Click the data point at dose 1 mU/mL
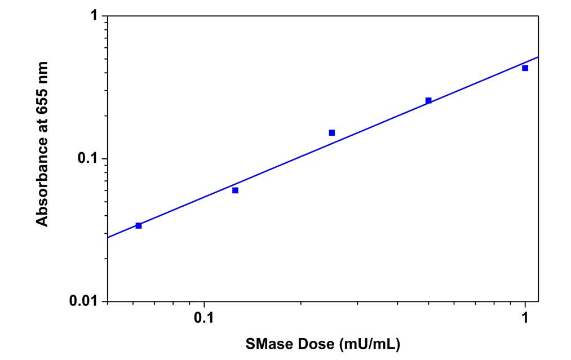click(x=525, y=68)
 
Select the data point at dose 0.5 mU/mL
click(x=428, y=100)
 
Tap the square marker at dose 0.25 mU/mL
click(x=332, y=133)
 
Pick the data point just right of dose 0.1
click(x=235, y=190)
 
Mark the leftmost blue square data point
click(x=139, y=225)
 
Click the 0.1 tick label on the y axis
click(x=89, y=159)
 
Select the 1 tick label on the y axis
click(x=95, y=17)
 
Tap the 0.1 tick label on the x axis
click(x=204, y=317)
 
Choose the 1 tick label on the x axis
click(x=525, y=317)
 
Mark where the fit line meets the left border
click(x=108, y=237)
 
